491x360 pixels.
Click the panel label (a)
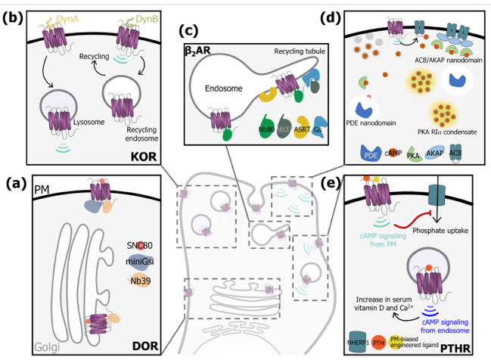coord(15,183)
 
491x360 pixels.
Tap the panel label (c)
coord(189,32)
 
